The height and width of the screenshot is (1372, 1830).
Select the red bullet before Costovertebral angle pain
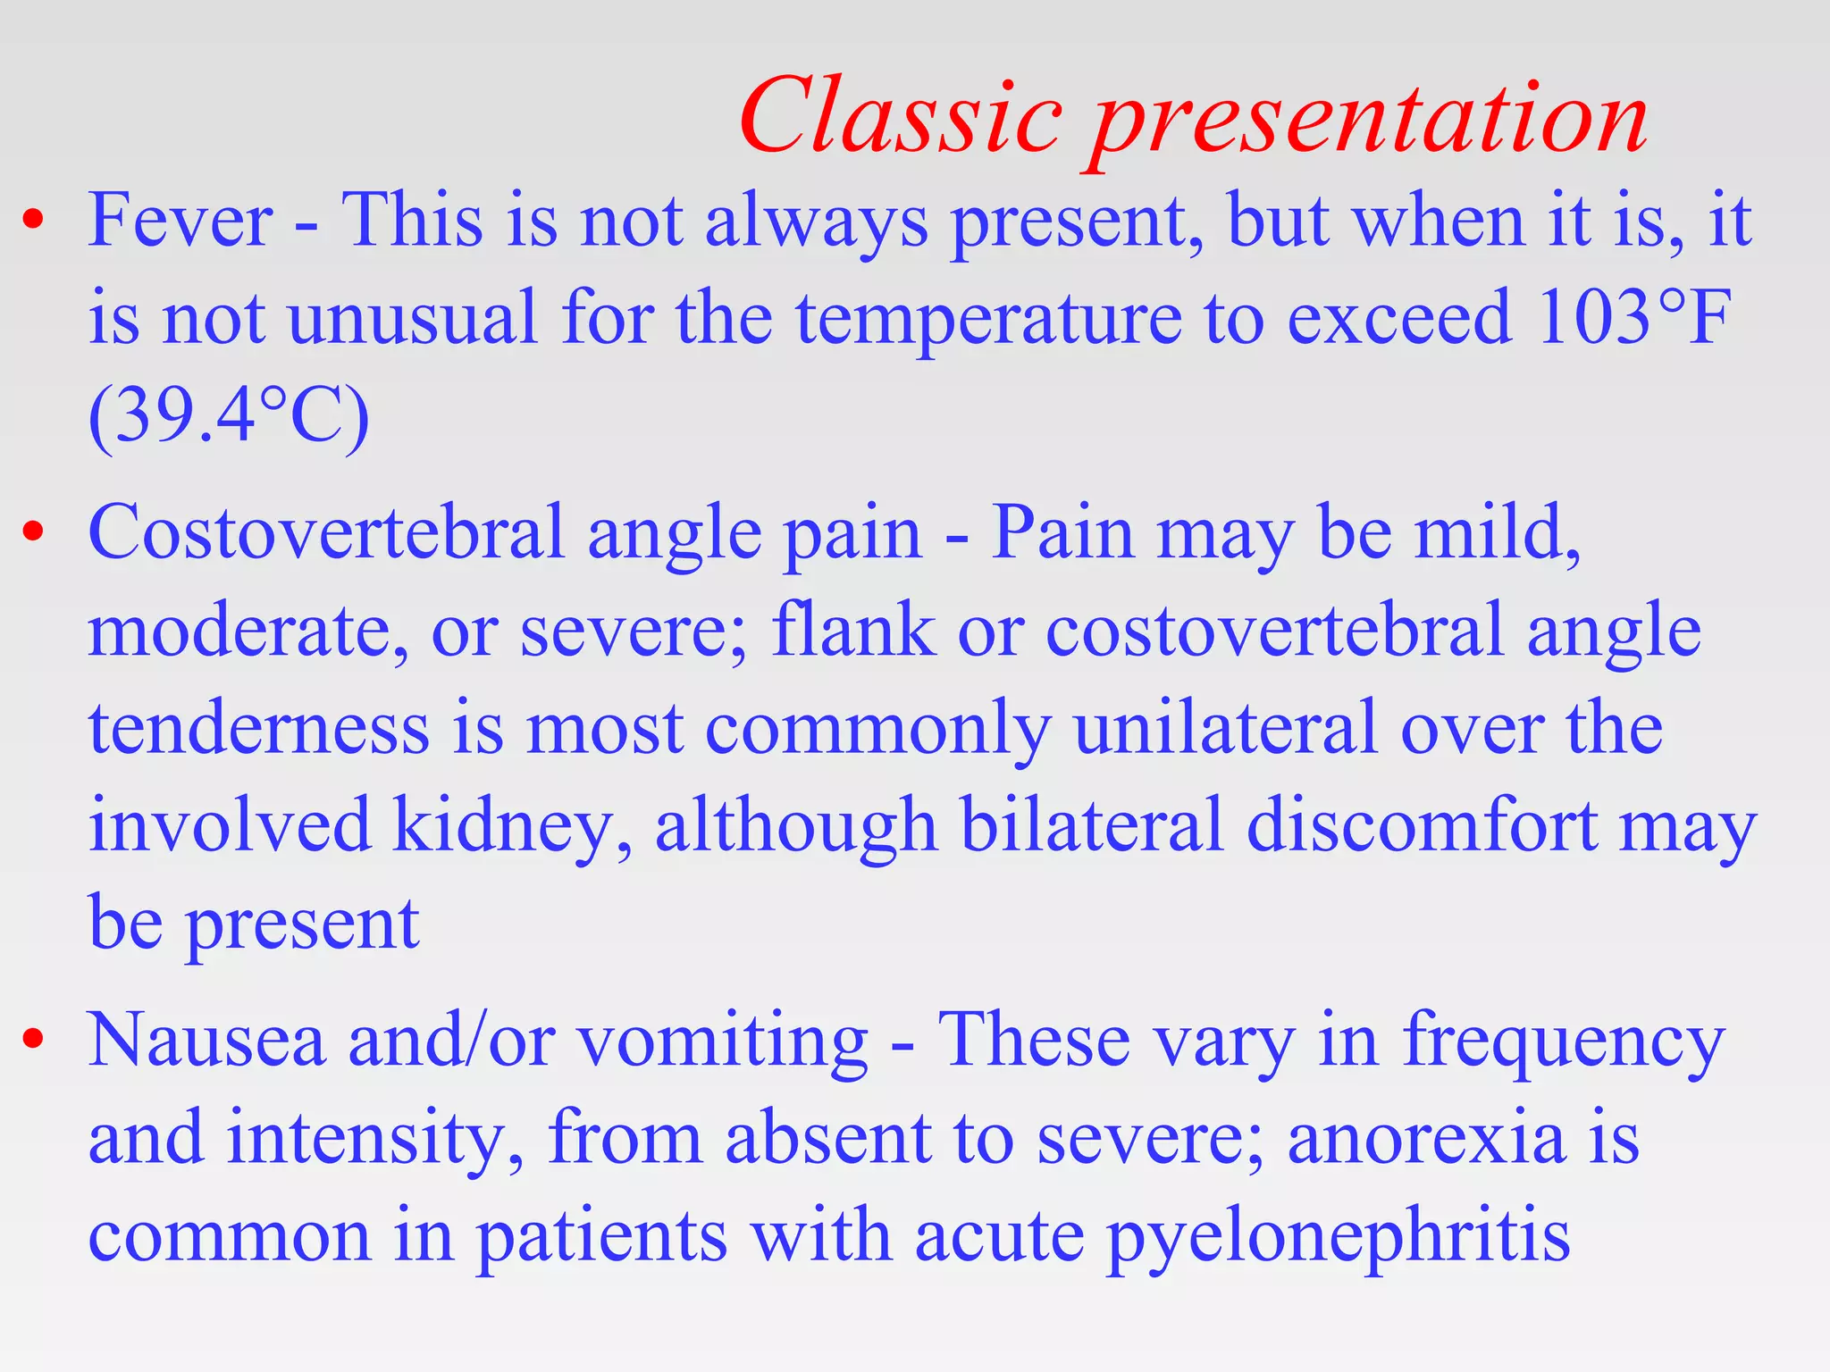33,532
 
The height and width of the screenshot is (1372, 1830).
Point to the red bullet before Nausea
33,1040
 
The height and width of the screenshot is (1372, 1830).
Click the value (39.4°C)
229,416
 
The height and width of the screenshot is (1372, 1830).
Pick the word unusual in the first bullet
413,318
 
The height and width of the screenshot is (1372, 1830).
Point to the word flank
852,629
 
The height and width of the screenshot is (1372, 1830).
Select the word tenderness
259,727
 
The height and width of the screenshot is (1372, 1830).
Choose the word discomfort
1421,824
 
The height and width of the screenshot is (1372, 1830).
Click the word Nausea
206,1040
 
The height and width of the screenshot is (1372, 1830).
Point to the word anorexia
1426,1138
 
